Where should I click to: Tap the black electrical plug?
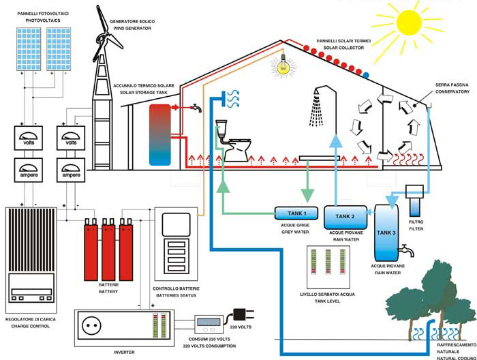coord(241,315)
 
